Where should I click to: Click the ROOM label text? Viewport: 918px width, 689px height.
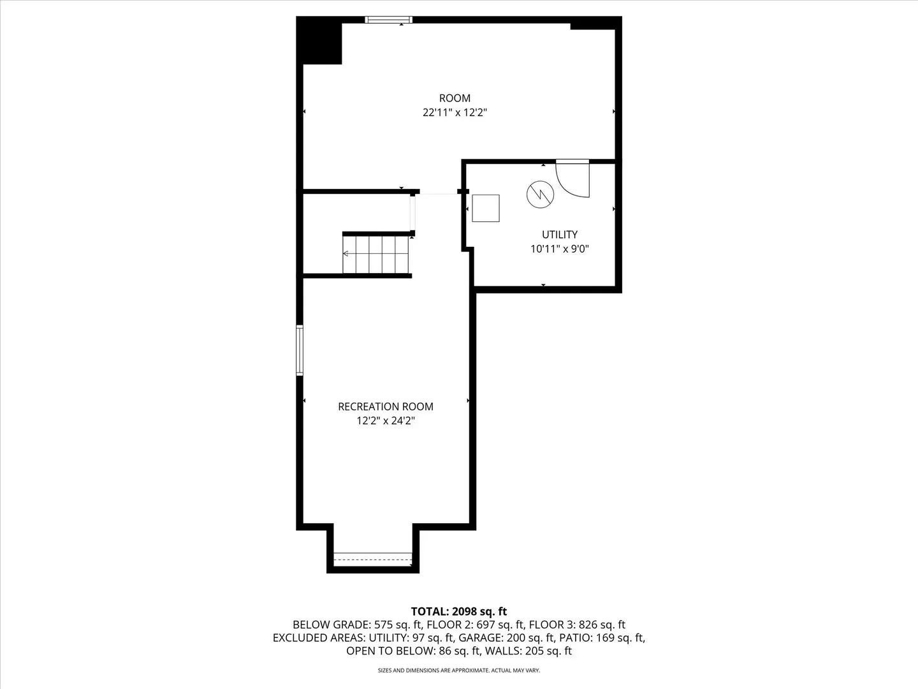click(455, 98)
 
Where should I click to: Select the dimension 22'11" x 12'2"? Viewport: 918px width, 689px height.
click(455, 113)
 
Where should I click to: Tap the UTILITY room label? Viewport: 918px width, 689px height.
click(560, 235)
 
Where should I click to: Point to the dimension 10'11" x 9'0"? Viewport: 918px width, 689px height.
click(560, 249)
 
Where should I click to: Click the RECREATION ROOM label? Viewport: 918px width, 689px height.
click(386, 406)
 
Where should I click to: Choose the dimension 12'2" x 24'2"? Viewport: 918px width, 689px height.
click(386, 421)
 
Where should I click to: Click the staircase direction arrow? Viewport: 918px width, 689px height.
click(346, 253)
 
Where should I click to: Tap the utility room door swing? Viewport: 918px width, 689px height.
click(573, 180)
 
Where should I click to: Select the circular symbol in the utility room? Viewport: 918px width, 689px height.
click(539, 194)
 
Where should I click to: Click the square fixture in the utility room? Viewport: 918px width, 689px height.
click(486, 208)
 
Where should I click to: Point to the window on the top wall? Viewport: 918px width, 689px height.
click(389, 20)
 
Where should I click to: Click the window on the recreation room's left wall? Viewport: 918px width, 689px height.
click(300, 350)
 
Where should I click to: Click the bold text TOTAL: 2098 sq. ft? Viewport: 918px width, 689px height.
click(459, 612)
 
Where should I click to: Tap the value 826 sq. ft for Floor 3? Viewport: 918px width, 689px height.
click(600, 625)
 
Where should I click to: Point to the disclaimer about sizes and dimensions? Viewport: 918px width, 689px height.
click(459, 670)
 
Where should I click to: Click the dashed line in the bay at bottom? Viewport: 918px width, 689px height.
click(373, 559)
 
